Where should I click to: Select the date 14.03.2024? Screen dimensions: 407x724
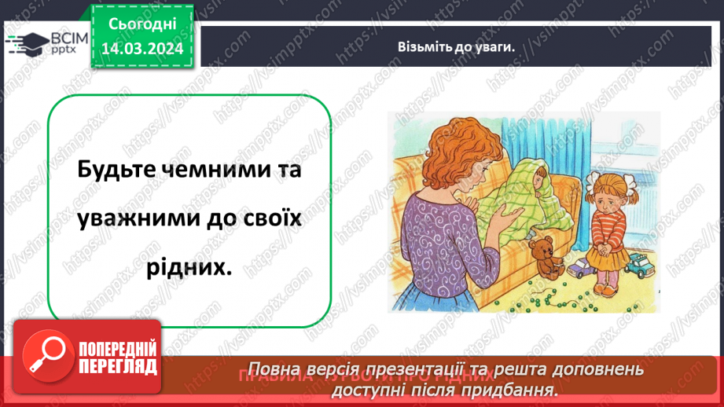(x=139, y=49)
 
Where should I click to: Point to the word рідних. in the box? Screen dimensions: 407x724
(x=189, y=266)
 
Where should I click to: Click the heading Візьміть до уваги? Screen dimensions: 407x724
(x=456, y=46)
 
